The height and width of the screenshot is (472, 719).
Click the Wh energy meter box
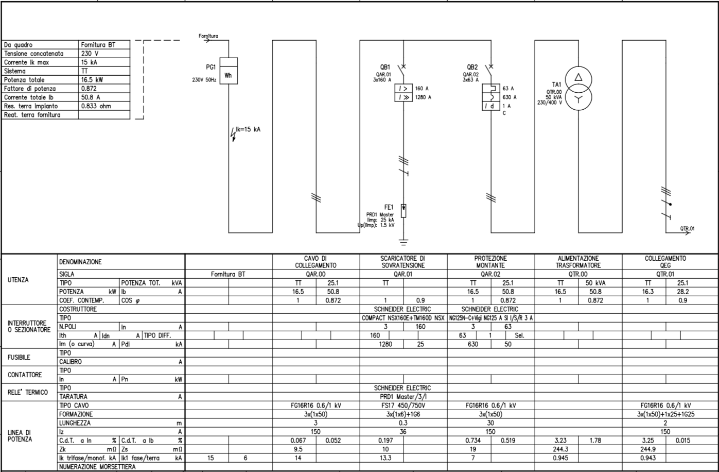(x=229, y=71)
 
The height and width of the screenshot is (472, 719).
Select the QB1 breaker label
(x=385, y=67)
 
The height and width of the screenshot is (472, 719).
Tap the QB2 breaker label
(x=472, y=67)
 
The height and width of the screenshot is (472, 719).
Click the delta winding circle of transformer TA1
(x=578, y=79)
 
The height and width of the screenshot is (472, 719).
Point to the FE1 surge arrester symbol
(x=404, y=211)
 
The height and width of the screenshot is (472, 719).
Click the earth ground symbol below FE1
(x=404, y=242)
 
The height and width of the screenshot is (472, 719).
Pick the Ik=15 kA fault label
(x=248, y=129)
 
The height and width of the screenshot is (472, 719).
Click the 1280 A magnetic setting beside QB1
(x=423, y=97)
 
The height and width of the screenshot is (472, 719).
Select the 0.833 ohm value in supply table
(x=96, y=106)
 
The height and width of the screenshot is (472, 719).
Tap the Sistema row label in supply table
(x=15, y=71)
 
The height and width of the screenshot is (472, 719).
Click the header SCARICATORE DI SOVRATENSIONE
(x=403, y=262)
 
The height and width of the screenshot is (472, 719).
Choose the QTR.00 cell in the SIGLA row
(x=578, y=274)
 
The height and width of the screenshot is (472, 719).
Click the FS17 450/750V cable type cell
(x=403, y=406)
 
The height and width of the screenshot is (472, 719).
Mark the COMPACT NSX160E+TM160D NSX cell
(x=403, y=318)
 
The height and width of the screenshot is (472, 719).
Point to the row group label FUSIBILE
(x=19, y=357)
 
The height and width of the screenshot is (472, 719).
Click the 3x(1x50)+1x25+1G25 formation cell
(x=665, y=414)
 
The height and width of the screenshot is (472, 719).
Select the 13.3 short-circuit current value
(x=385, y=458)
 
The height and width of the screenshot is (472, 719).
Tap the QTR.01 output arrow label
(x=687, y=228)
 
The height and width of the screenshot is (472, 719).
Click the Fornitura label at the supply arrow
(x=208, y=36)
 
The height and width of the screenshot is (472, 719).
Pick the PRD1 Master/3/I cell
(x=403, y=397)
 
